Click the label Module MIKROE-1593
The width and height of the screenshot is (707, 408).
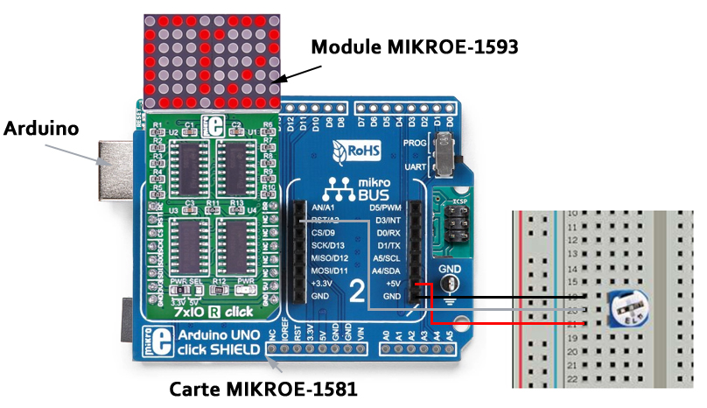coord(416,46)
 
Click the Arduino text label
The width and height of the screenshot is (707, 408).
coord(41,128)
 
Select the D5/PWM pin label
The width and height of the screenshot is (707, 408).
coord(387,208)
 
